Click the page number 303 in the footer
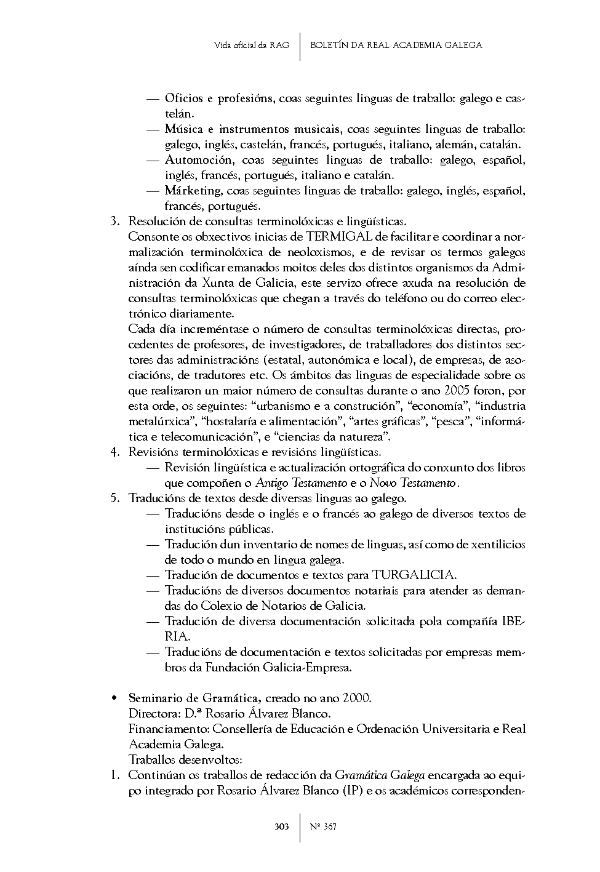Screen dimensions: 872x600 (x=281, y=826)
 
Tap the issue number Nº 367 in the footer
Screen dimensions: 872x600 (x=323, y=826)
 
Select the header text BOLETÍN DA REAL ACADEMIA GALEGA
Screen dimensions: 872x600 (x=396, y=45)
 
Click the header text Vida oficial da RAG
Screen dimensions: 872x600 (x=251, y=45)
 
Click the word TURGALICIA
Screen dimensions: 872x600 (x=414, y=575)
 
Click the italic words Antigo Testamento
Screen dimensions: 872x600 (x=301, y=483)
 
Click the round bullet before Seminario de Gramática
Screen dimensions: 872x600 (x=114, y=698)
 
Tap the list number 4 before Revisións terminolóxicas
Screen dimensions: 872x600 (x=114, y=452)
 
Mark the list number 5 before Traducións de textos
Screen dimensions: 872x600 (x=114, y=498)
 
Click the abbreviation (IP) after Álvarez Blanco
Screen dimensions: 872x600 (x=353, y=790)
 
